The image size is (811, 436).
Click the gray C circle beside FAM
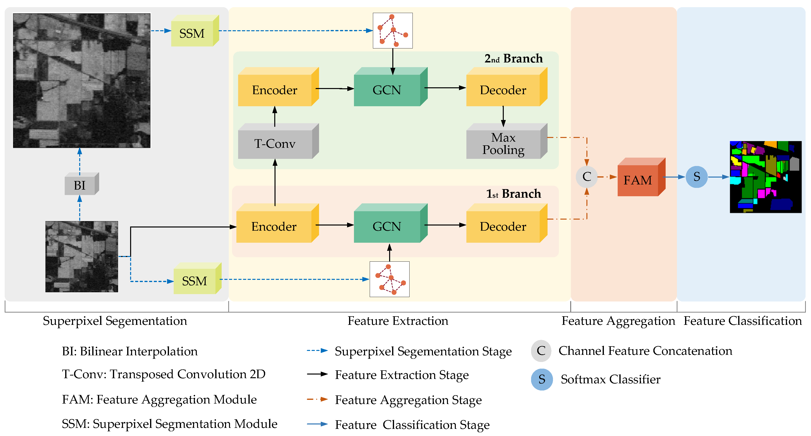586,177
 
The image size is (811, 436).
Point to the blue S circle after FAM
696,177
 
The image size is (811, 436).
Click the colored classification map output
765,177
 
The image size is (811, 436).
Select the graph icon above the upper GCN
393,30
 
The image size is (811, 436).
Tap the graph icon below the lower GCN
389,279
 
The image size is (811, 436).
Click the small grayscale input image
81,256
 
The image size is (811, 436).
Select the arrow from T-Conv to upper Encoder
275,116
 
